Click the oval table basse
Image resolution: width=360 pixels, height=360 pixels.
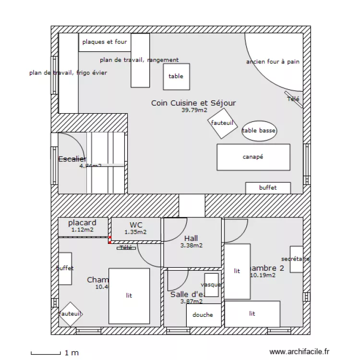(x=260, y=131)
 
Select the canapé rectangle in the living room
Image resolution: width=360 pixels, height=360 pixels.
(x=253, y=157)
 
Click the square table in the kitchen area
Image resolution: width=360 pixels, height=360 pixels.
(x=176, y=76)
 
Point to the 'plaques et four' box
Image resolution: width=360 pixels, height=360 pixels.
(x=105, y=42)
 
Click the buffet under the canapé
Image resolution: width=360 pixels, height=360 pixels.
(x=268, y=188)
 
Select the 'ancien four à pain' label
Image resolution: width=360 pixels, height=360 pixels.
(x=273, y=62)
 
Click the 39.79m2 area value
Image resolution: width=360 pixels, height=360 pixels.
(x=194, y=110)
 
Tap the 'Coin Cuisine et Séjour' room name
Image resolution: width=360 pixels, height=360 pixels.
(x=193, y=103)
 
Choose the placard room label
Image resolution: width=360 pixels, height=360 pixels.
(x=82, y=223)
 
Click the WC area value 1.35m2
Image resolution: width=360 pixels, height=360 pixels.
(x=135, y=232)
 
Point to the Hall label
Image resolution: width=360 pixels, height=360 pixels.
(x=191, y=239)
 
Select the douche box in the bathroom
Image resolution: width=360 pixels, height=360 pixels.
(x=204, y=315)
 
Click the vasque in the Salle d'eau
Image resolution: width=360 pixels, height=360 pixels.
(x=211, y=285)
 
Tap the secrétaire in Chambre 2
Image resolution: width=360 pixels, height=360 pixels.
(x=296, y=260)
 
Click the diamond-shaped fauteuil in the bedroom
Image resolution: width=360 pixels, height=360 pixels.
(x=71, y=314)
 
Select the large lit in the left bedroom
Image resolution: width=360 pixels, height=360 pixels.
(x=129, y=296)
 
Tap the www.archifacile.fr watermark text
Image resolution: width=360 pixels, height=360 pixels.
(x=300, y=352)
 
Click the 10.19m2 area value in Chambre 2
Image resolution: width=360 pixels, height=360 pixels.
(x=263, y=276)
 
